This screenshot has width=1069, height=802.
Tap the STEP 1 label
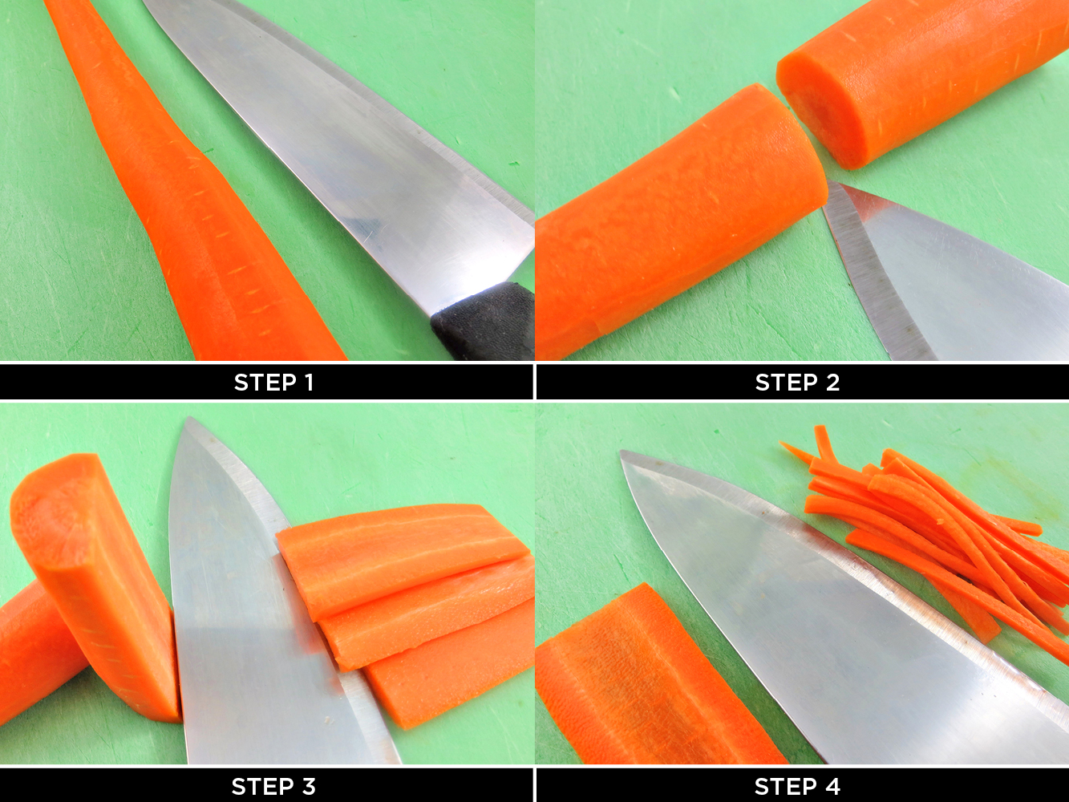click(273, 383)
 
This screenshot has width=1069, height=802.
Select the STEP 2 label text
click(797, 383)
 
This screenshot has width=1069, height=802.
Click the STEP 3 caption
click(273, 787)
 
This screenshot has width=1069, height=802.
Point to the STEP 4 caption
click(797, 787)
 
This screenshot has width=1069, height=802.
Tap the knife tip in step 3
click(190, 418)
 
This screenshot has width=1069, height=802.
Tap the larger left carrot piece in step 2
click(682, 224)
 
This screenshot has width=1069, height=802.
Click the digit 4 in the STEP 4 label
click(833, 787)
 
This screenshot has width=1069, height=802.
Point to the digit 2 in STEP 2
click(833, 383)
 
